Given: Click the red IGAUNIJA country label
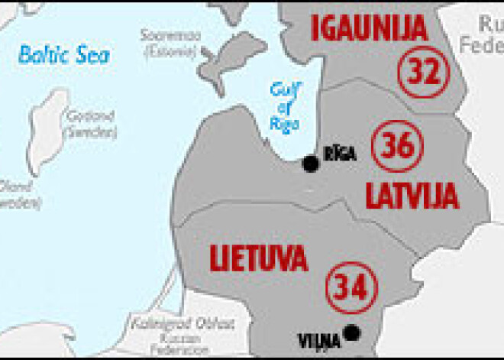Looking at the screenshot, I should (x=368, y=28).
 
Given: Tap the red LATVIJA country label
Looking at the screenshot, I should (x=412, y=196).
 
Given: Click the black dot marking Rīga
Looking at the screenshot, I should (x=310, y=163).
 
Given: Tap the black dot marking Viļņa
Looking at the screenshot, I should (x=351, y=332).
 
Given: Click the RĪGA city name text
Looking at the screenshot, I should (x=339, y=153).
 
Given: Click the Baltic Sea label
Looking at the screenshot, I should (x=63, y=54).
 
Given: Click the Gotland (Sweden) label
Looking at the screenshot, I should (x=91, y=124).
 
